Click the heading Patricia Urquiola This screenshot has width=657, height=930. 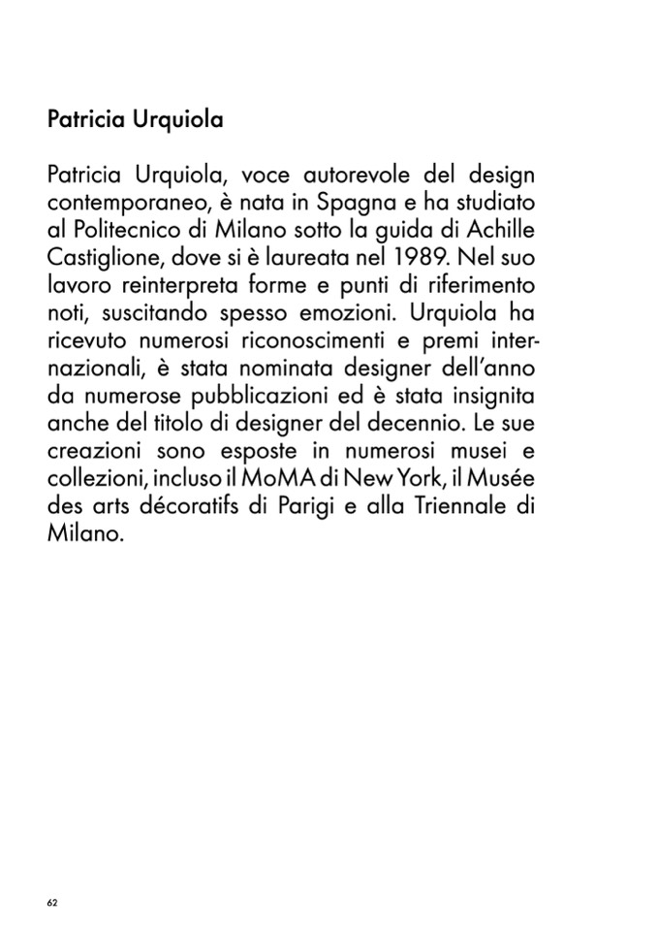[135, 121]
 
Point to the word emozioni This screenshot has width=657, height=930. [347, 314]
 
